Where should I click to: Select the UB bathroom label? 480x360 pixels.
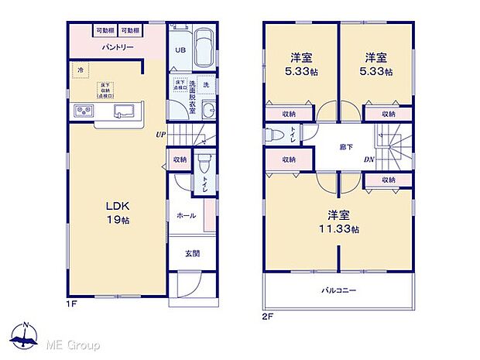(179, 51)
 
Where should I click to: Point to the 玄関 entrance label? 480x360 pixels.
(191, 253)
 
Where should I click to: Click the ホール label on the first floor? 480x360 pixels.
(186, 216)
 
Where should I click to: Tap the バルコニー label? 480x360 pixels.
(338, 291)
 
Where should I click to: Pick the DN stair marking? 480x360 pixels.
(369, 160)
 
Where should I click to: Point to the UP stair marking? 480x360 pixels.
(160, 134)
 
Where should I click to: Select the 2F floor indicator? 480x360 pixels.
(268, 317)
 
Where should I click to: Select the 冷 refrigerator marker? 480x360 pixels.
(80, 70)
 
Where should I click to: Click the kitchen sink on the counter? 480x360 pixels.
(124, 111)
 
